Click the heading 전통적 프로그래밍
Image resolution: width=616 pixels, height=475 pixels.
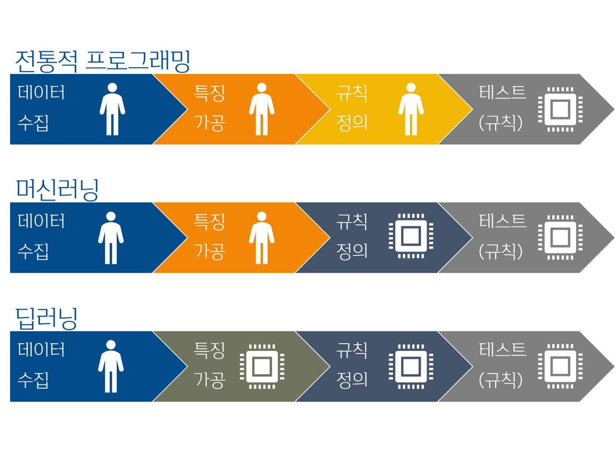[102, 61]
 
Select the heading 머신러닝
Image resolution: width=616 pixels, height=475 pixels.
[57, 189]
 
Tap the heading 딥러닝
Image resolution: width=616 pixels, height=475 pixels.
[46, 318]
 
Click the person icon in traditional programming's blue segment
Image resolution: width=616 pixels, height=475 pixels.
[112, 109]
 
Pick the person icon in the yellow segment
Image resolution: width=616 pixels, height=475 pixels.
[411, 109]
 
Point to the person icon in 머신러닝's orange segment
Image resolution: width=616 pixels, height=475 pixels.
[262, 238]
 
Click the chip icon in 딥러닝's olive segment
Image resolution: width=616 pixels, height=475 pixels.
[262, 366]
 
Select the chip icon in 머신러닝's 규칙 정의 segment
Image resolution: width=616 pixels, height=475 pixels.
[411, 236]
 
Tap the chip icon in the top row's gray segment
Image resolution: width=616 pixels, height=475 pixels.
[560, 109]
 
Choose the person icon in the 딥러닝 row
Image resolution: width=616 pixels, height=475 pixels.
[111, 366]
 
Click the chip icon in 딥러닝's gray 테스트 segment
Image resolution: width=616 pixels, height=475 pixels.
[560, 366]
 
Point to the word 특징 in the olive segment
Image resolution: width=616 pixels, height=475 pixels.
[209, 351]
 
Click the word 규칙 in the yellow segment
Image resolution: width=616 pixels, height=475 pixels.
[352, 93]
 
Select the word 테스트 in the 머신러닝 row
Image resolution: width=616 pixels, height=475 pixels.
[503, 221]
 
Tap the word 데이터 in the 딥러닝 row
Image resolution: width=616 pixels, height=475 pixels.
[41, 350]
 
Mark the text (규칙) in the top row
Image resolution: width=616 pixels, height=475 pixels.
[500, 123]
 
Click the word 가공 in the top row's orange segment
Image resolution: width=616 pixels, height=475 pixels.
[209, 123]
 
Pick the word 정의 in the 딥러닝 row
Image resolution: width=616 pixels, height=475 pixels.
[352, 380]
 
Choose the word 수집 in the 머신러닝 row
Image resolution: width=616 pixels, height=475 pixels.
[33, 252]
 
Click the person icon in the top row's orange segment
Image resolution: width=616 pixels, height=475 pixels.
[262, 109]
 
